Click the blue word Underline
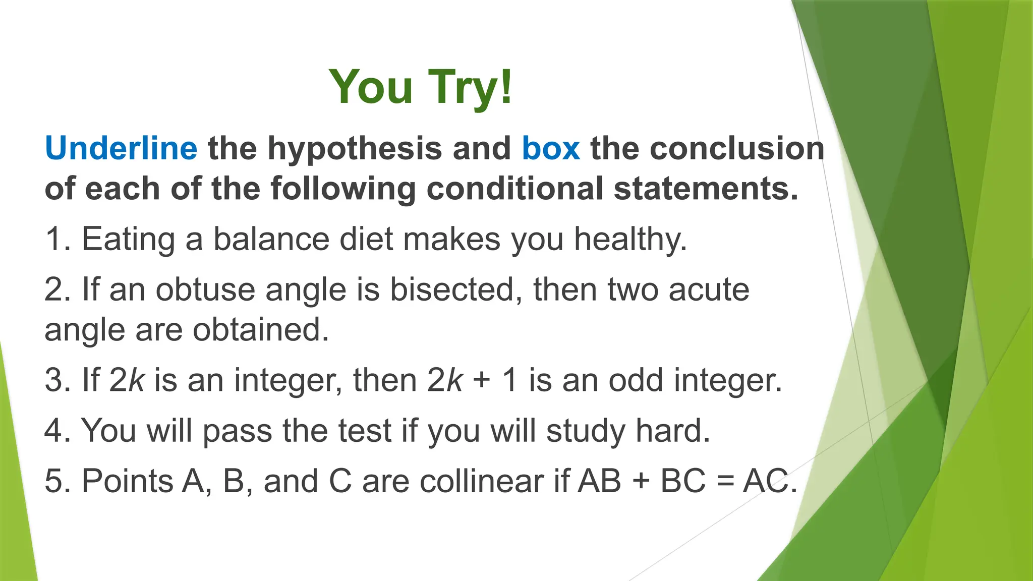coord(121,148)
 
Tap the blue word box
coord(551,148)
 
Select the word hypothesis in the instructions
coord(355,149)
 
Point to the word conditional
coord(515,189)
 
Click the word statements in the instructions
coord(706,189)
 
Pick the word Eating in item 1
coord(128,239)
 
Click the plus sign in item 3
coord(482,381)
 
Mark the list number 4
coord(54,431)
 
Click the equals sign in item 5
coord(724,482)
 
